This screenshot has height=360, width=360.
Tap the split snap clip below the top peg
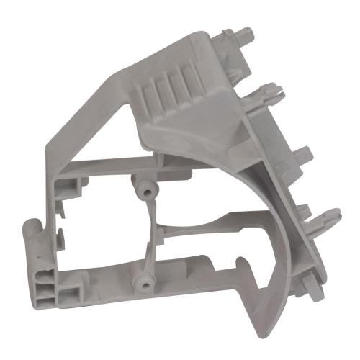268,92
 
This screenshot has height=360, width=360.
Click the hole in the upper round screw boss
146,188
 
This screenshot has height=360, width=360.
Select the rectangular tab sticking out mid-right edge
302,153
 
